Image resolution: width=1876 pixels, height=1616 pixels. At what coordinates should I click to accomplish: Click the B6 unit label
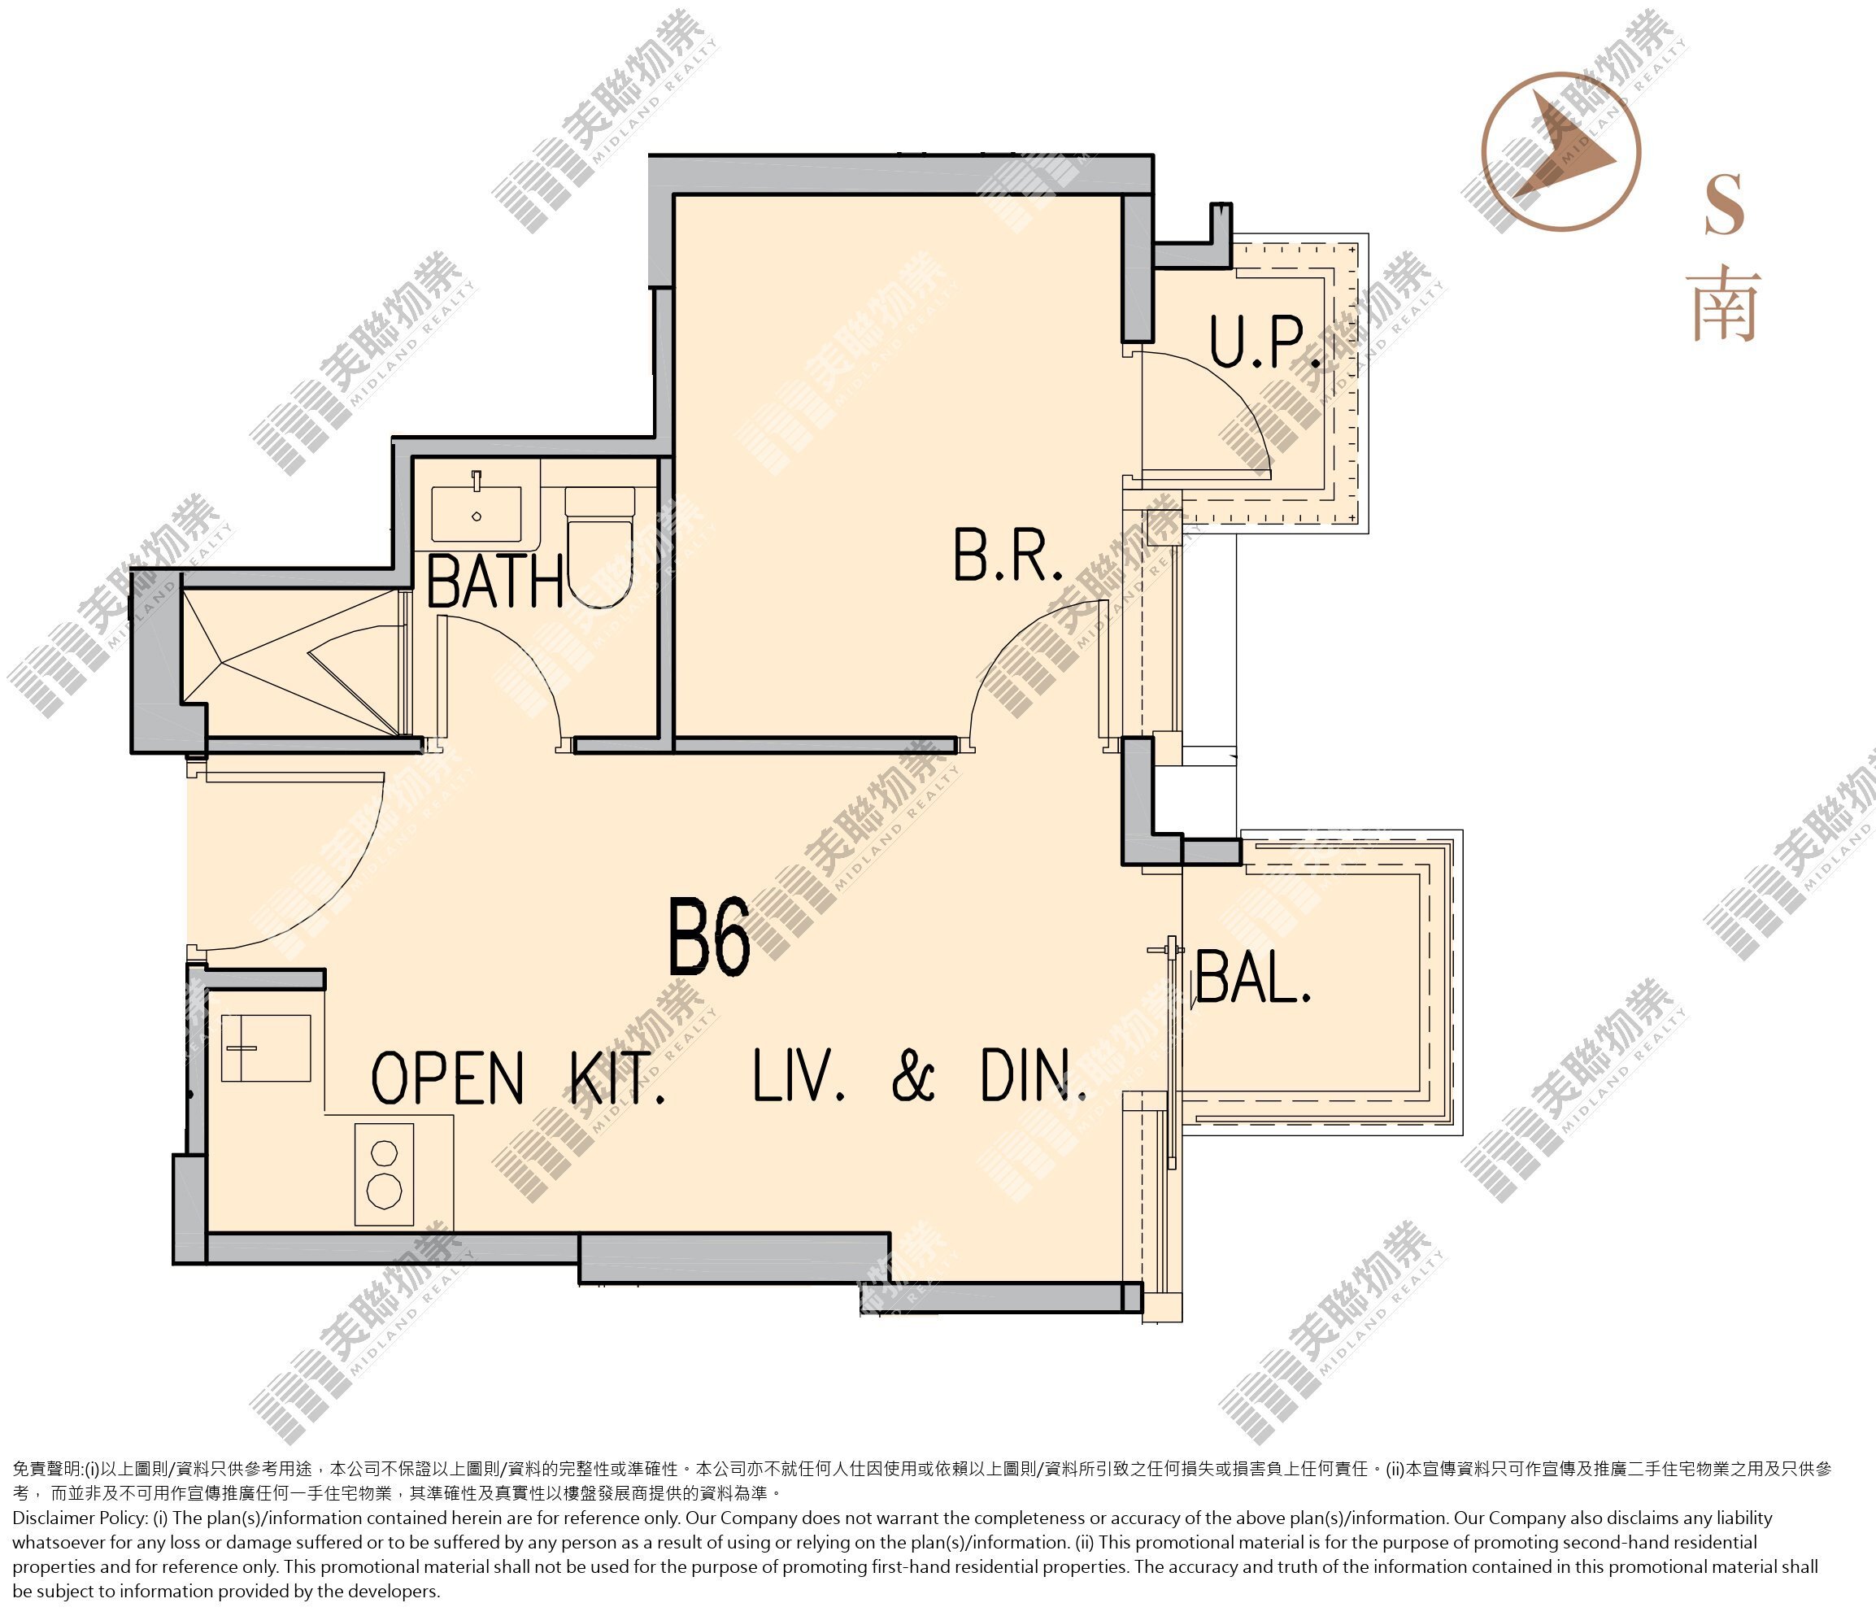[x=709, y=937]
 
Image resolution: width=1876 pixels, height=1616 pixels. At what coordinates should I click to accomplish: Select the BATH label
[x=495, y=581]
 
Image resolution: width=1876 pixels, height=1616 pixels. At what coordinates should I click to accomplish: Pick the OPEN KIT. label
[x=518, y=1077]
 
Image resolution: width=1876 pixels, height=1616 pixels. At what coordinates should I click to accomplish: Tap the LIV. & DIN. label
[x=920, y=1075]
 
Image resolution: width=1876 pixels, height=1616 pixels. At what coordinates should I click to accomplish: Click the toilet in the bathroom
[x=599, y=547]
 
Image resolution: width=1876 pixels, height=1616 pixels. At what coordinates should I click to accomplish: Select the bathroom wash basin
[x=477, y=513]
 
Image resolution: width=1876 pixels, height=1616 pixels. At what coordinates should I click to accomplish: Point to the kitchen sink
[x=266, y=1048]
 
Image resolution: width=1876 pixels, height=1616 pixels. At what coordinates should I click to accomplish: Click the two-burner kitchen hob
[x=384, y=1174]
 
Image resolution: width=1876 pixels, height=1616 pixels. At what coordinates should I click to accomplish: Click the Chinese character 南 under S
[x=1725, y=305]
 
